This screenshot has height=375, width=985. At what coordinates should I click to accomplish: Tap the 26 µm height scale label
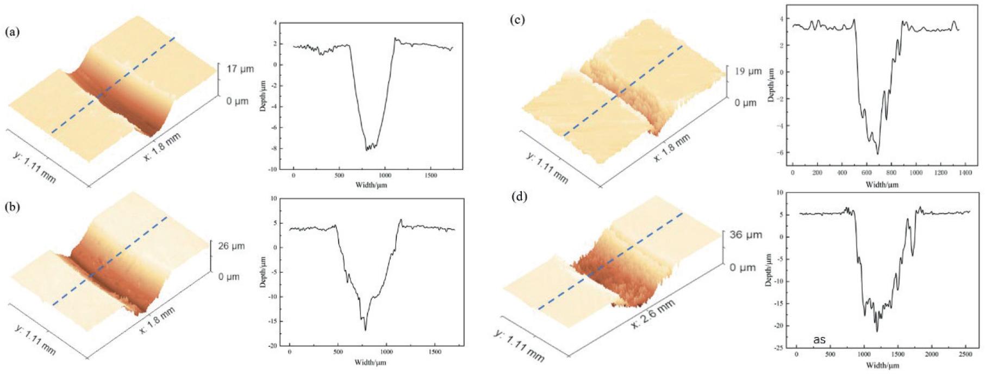coord(232,246)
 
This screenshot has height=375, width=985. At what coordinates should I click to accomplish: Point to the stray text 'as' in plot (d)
coord(820,340)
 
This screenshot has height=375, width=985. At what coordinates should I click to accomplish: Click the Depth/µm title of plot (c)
coord(771,86)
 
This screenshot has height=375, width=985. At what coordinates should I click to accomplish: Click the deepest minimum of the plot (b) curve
coord(365,330)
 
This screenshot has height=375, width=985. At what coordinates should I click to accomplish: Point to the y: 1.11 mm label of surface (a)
coord(34,165)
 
